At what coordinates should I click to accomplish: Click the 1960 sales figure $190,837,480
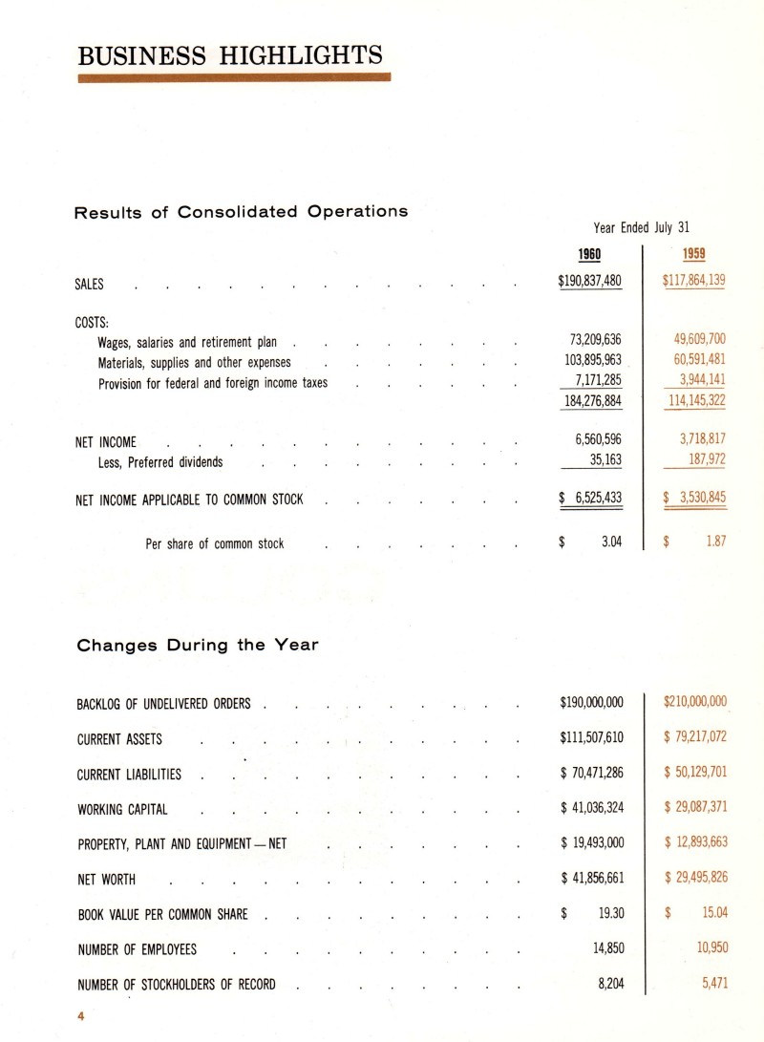590,282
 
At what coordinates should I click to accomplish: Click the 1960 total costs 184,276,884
592,401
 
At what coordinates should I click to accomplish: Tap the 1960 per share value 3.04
612,542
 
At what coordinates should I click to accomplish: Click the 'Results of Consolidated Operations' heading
242,211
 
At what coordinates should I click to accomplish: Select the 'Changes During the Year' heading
197,645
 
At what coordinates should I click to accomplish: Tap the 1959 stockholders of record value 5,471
711,983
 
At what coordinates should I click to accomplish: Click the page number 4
82,1018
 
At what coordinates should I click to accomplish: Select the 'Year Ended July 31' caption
641,227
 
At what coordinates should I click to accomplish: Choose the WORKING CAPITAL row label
121,810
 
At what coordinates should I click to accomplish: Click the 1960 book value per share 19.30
611,914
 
